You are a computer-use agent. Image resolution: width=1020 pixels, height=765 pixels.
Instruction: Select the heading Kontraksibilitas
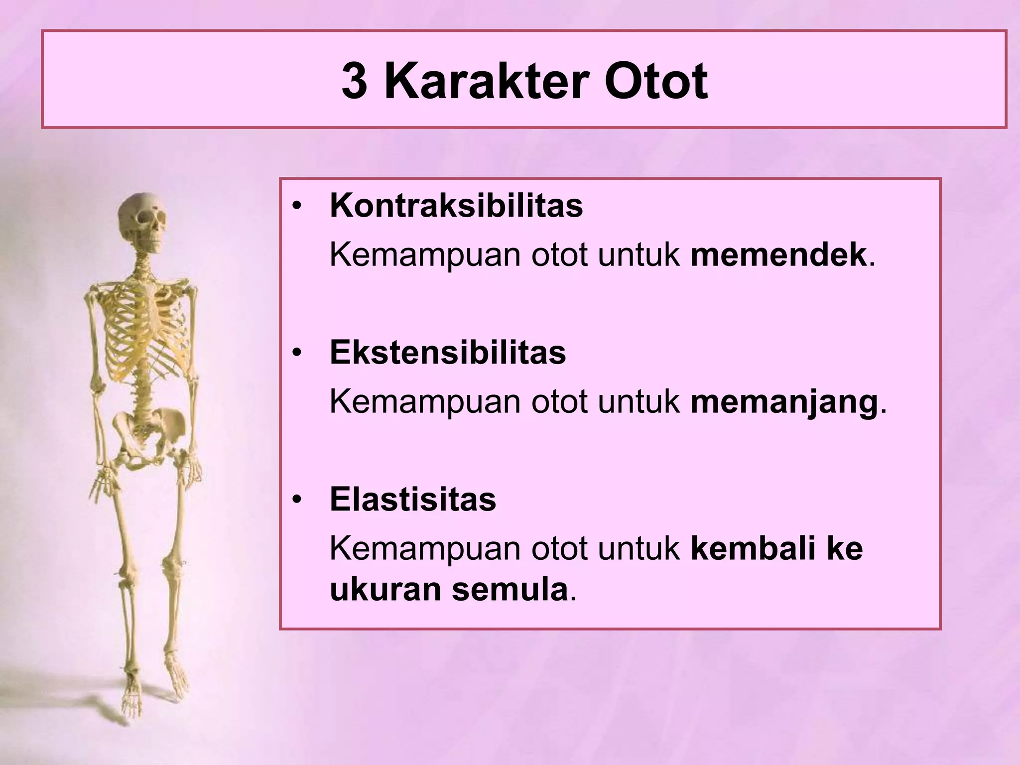(456, 206)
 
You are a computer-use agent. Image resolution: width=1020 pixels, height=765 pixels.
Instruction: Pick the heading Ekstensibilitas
(447, 353)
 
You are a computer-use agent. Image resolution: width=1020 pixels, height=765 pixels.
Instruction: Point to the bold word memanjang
(784, 402)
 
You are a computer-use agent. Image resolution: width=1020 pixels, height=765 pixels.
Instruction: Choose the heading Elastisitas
(412, 500)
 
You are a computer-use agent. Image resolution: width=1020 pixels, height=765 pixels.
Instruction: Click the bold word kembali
(752, 548)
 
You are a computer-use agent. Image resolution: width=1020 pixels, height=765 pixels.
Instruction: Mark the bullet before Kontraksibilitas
(297, 206)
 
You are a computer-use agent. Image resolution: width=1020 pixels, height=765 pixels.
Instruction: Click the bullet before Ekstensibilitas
(297, 353)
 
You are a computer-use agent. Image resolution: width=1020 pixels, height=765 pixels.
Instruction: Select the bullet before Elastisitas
(297, 500)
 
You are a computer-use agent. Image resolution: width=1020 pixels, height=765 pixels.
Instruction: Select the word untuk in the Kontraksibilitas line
(638, 255)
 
